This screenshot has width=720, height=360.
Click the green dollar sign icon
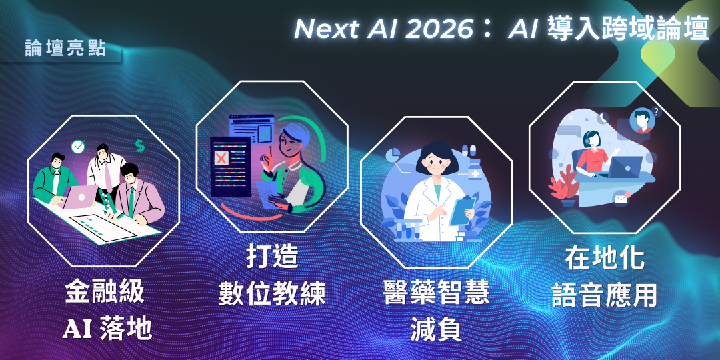[x=139, y=145]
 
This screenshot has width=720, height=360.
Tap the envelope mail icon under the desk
[x=622, y=197]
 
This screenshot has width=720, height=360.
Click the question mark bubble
[x=657, y=113]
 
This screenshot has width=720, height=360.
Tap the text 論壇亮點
[x=65, y=49]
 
